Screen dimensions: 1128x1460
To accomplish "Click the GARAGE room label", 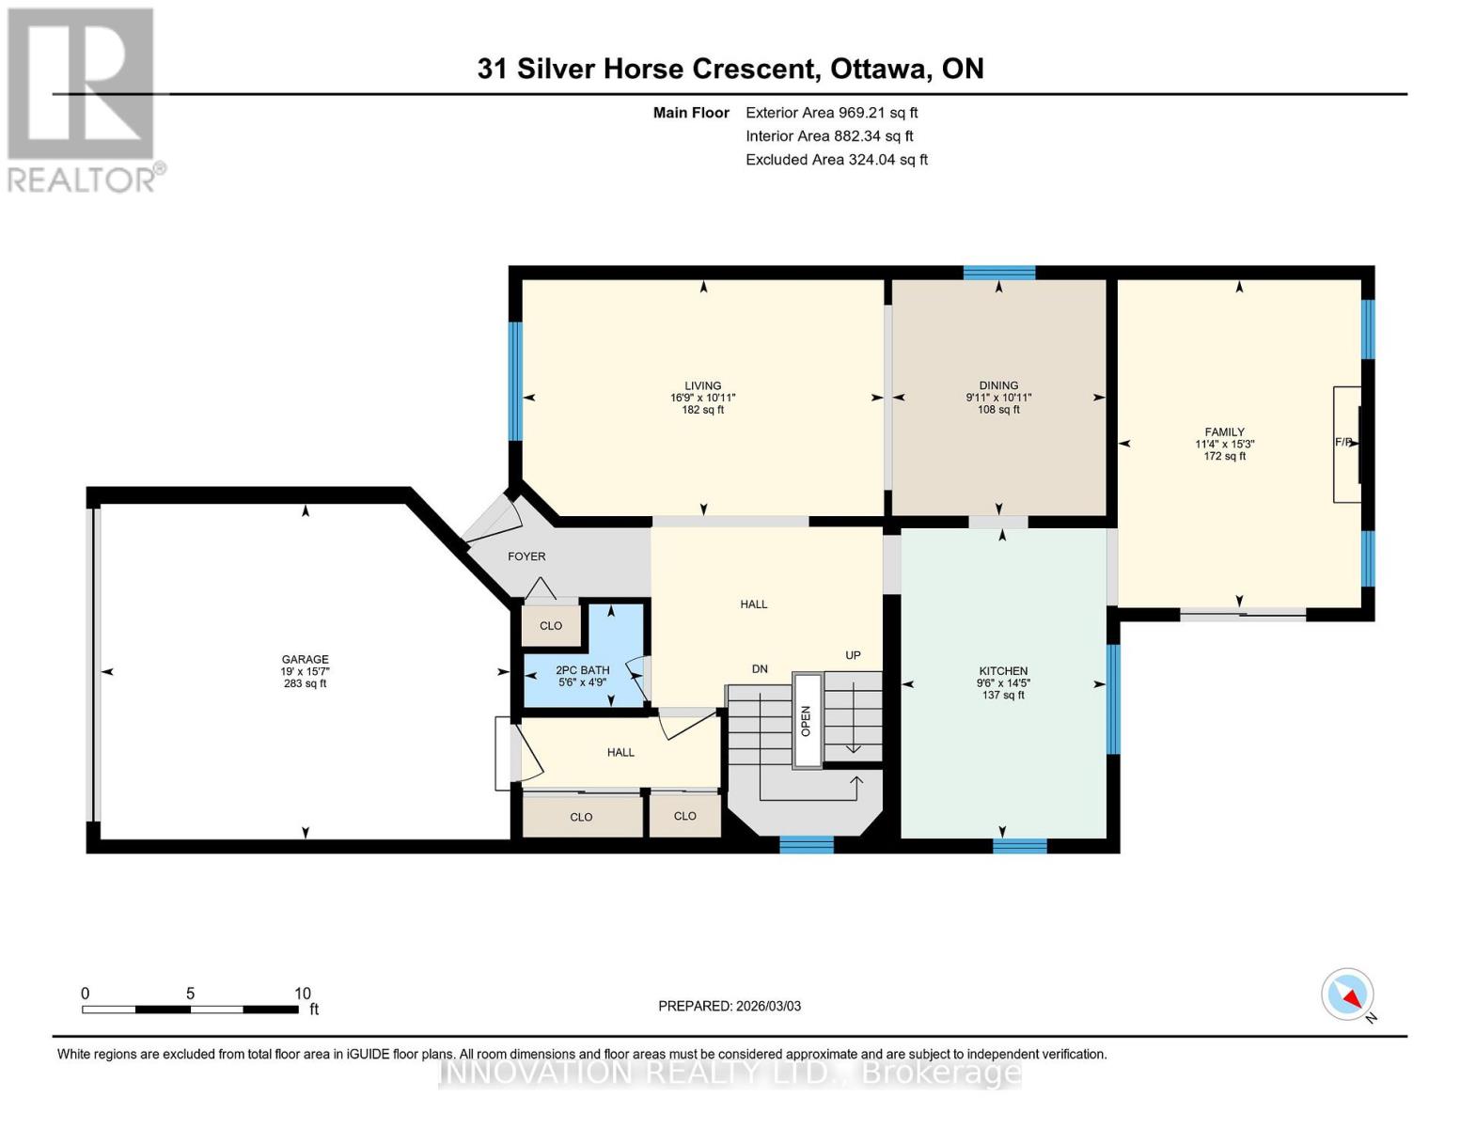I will [x=305, y=660].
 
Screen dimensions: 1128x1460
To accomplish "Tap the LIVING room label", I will [x=702, y=385].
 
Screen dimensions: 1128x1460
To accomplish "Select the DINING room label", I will [x=998, y=385].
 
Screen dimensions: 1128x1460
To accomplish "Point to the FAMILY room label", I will [x=1224, y=432].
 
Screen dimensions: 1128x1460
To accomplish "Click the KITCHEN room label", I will [x=1002, y=671].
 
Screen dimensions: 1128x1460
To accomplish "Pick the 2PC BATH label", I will [x=582, y=670].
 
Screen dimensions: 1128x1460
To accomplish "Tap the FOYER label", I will [x=526, y=556].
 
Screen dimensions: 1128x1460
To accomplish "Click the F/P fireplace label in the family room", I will [x=1343, y=442].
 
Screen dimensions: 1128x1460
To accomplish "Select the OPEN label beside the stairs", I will [x=806, y=720].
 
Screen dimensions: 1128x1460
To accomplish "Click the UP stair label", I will [x=853, y=655].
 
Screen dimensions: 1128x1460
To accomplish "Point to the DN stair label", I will [x=760, y=669].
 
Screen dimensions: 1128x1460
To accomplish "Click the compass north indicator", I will [x=1348, y=995].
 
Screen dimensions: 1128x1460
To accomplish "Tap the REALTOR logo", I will [x=82, y=100].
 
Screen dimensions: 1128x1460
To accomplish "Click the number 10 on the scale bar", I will [x=302, y=994].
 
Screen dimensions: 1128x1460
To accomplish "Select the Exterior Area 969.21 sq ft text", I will [x=831, y=113].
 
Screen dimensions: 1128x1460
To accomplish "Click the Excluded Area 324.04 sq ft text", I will [x=836, y=160].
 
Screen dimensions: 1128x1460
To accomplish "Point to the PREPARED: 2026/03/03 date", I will [x=730, y=1006].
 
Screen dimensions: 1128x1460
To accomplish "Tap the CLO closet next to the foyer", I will [x=551, y=626].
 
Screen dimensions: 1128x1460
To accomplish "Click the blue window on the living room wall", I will [x=515, y=382].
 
